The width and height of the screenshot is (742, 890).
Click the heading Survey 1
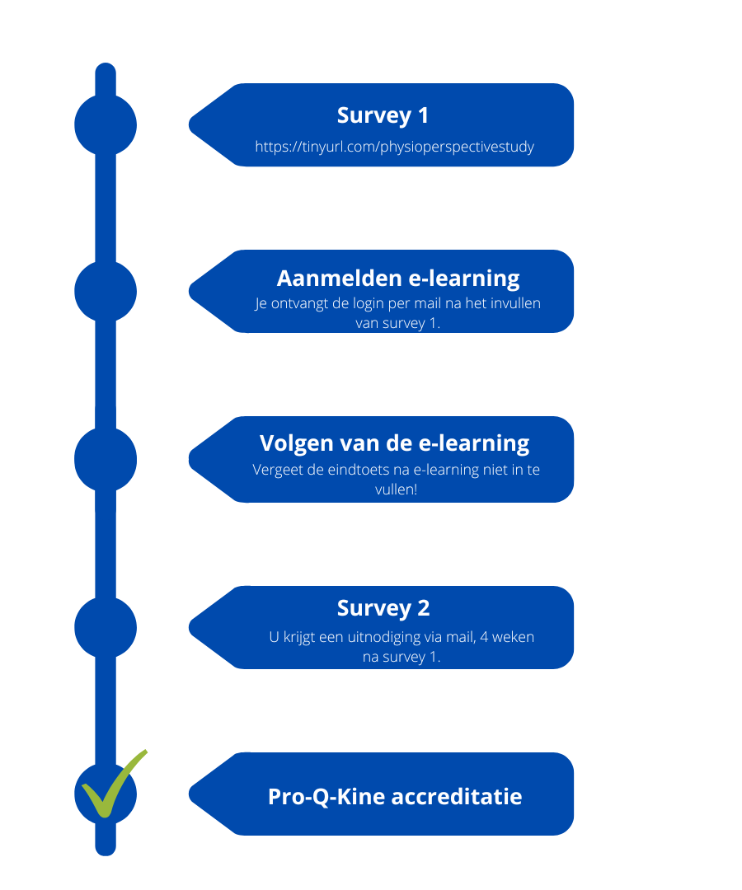tap(383, 116)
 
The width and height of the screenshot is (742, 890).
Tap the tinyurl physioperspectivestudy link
tap(395, 147)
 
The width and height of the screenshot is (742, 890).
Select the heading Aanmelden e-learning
tap(398, 279)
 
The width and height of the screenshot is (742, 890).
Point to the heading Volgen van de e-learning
tap(395, 444)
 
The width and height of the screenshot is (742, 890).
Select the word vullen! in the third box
tap(397, 489)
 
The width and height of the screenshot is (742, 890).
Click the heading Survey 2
tap(383, 608)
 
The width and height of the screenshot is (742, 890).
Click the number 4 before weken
tap(484, 637)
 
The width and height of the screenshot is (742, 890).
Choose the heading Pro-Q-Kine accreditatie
tap(395, 797)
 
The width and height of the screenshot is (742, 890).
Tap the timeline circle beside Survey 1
tap(106, 125)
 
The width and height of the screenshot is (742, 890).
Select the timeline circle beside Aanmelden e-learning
tap(106, 291)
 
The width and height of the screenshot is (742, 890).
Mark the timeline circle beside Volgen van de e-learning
tap(106, 459)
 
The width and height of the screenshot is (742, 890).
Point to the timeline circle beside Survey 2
tap(106, 627)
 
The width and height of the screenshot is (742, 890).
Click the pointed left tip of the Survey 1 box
tap(189, 125)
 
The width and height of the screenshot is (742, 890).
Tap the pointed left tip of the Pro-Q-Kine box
tap(189, 794)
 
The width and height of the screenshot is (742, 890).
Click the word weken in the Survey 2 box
tap(513, 637)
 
